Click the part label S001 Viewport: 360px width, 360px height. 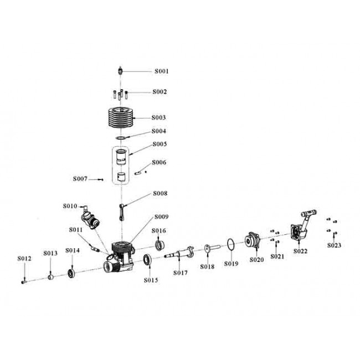point(161,71)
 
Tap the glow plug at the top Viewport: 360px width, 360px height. point(120,71)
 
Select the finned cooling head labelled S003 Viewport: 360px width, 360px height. point(121,118)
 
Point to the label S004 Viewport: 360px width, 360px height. point(161,131)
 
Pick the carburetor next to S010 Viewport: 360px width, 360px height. point(90,215)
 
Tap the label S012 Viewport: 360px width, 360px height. point(24,259)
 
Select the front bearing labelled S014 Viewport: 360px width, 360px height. point(71,273)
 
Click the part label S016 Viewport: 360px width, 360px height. point(160,230)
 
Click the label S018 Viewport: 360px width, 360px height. point(207,266)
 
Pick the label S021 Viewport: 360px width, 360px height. point(277,256)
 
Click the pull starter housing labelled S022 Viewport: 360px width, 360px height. point(301,227)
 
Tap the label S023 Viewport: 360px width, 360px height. point(334,245)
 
